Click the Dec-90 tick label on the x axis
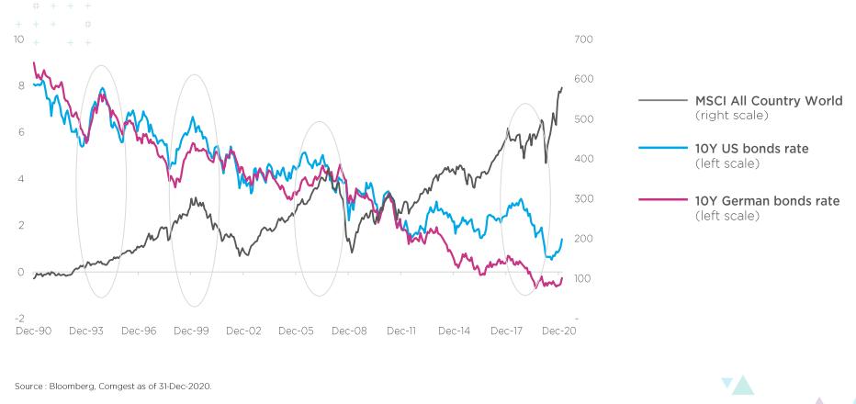(33, 331)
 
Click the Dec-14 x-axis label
(455, 331)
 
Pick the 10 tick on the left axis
(19, 39)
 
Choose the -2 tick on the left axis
(19, 319)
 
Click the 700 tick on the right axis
(585, 39)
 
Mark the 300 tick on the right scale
(585, 199)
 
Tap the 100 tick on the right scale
(585, 278)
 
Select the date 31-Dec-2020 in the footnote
(186, 386)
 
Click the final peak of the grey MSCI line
(562, 88)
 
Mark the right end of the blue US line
(562, 240)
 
